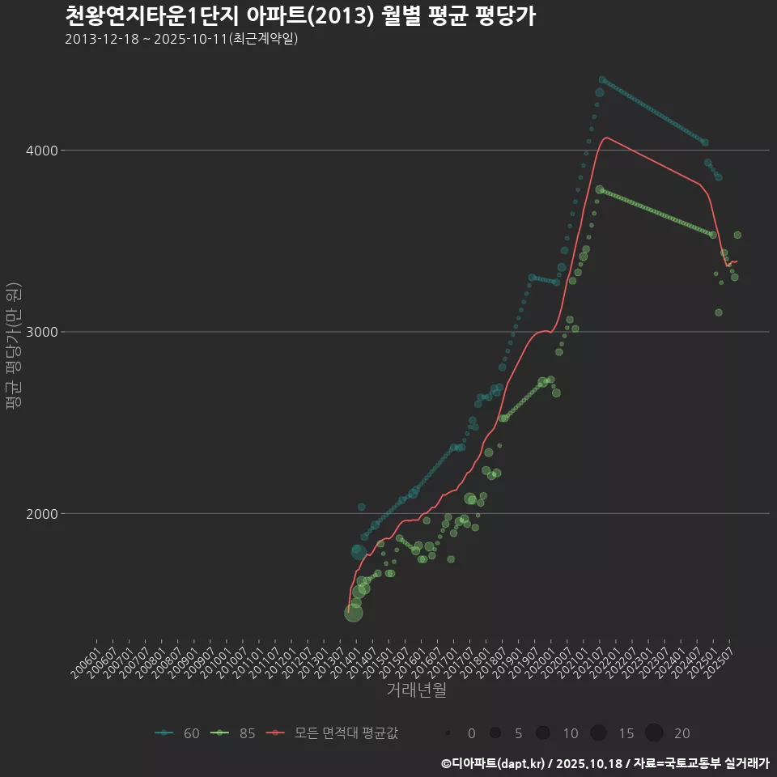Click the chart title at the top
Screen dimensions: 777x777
[x=299, y=16]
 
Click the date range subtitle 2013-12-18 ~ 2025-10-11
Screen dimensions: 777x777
[x=182, y=39]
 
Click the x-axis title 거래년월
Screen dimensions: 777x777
[x=416, y=690]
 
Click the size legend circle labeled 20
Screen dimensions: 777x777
[x=654, y=733]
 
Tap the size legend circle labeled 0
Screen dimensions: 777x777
[x=448, y=733]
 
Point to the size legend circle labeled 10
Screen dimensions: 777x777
[x=543, y=733]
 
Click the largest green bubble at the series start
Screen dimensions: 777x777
[x=354, y=613]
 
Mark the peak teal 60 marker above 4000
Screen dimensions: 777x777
[x=602, y=80]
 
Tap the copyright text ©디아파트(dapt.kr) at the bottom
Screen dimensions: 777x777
[x=494, y=763]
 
